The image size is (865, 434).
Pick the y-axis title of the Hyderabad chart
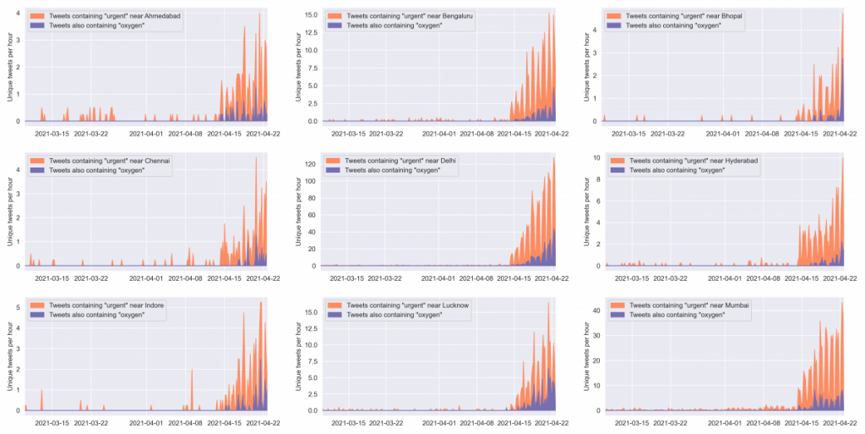[x=585, y=210]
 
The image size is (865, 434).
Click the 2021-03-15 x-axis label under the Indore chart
[x=52, y=422]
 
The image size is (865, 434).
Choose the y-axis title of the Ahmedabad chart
[x=9, y=65]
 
